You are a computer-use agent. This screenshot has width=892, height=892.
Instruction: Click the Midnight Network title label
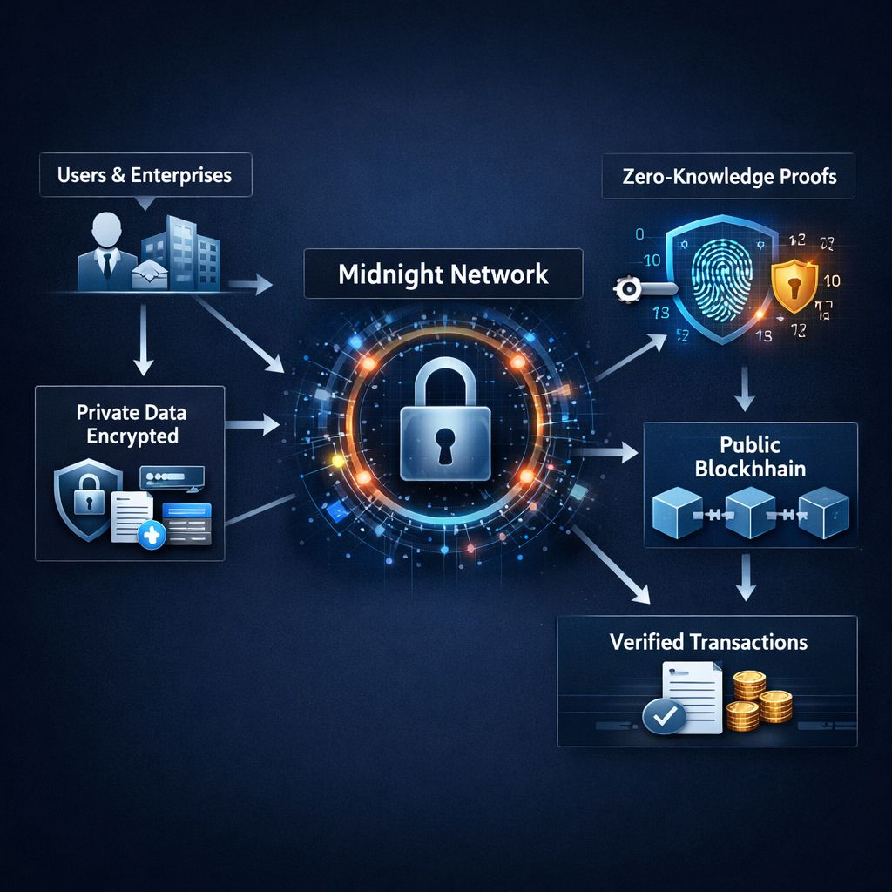pyautogui.click(x=443, y=274)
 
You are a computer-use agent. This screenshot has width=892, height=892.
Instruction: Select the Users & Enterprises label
pyautogui.click(x=145, y=174)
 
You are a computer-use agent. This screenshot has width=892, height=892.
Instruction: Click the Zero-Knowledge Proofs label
pyautogui.click(x=728, y=176)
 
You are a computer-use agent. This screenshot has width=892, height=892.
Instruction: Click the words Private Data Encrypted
pyautogui.click(x=131, y=423)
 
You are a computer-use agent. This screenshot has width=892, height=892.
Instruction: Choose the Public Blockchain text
pyautogui.click(x=749, y=456)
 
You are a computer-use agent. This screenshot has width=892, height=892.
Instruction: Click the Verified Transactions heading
pyautogui.click(x=708, y=642)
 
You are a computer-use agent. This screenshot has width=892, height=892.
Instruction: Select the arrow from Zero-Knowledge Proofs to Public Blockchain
pyautogui.click(x=744, y=388)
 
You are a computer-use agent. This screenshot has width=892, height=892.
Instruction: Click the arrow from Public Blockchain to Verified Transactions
pyautogui.click(x=744, y=578)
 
